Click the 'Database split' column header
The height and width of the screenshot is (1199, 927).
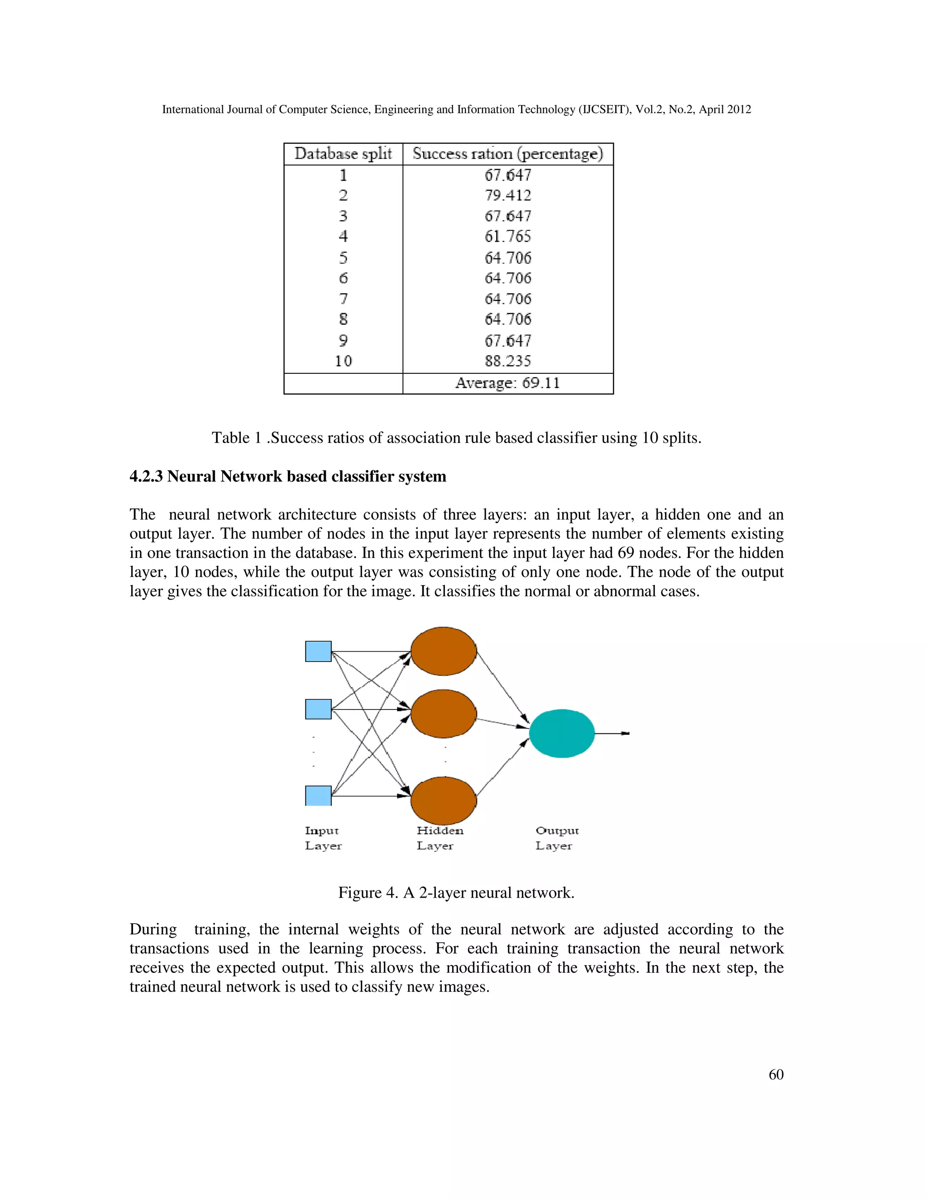343,154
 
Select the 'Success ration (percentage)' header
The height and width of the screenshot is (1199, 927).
507,154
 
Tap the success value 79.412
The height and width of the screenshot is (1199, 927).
507,195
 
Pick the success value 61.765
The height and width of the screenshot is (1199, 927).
507,237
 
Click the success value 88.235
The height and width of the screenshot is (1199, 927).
507,361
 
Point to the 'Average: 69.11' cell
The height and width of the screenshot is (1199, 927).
507,383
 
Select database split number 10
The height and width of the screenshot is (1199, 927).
343,361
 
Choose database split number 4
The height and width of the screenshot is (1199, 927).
343,237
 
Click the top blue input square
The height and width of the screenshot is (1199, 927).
318,651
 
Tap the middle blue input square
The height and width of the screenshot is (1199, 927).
318,709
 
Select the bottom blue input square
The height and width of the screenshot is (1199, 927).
318,795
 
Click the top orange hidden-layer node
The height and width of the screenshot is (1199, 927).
443,651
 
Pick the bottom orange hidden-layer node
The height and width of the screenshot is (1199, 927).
443,800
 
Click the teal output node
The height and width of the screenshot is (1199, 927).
561,733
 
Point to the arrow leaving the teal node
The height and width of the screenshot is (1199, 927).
612,733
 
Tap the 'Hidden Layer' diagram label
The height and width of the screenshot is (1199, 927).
440,838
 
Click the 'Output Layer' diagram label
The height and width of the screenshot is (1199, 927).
556,838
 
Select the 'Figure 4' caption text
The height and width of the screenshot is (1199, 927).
456,893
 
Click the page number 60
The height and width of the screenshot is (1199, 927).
775,1075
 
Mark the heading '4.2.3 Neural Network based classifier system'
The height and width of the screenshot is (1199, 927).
288,476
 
